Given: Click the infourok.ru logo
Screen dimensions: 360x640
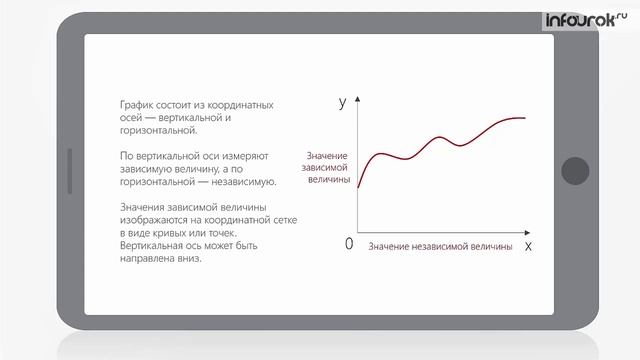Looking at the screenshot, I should tap(584, 19).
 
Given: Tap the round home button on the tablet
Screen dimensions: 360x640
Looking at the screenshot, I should tap(575, 171).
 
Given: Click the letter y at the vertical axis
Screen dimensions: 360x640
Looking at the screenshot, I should tap(343, 101).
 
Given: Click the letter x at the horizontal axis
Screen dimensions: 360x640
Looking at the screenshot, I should tap(527, 245).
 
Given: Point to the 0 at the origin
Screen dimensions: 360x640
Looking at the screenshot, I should tap(349, 245).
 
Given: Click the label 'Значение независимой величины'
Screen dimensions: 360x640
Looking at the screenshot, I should tap(440, 245).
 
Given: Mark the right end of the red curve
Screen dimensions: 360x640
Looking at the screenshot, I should tap(525, 118).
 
